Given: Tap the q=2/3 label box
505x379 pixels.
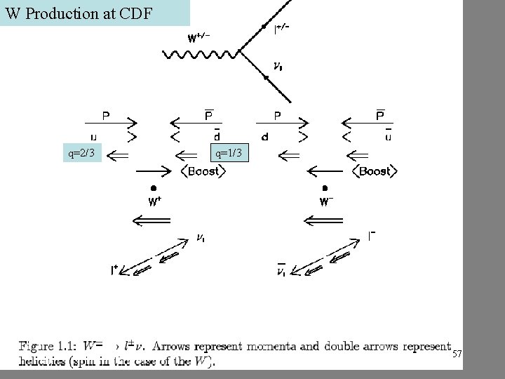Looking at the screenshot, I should tap(82, 153).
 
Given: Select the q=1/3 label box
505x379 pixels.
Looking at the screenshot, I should tap(229, 153).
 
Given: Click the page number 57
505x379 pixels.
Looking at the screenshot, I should tap(457, 354).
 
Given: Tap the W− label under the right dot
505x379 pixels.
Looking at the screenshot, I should tap(325, 202).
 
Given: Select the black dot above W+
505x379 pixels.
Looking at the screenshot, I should tap(153, 187).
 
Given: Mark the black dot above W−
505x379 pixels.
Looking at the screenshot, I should tap(325, 187).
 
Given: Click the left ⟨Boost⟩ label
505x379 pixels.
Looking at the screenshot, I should tap(203, 171).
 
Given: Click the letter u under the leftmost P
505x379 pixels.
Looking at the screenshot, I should tap(95, 137).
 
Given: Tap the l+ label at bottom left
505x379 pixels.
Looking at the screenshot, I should tap(114, 269).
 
